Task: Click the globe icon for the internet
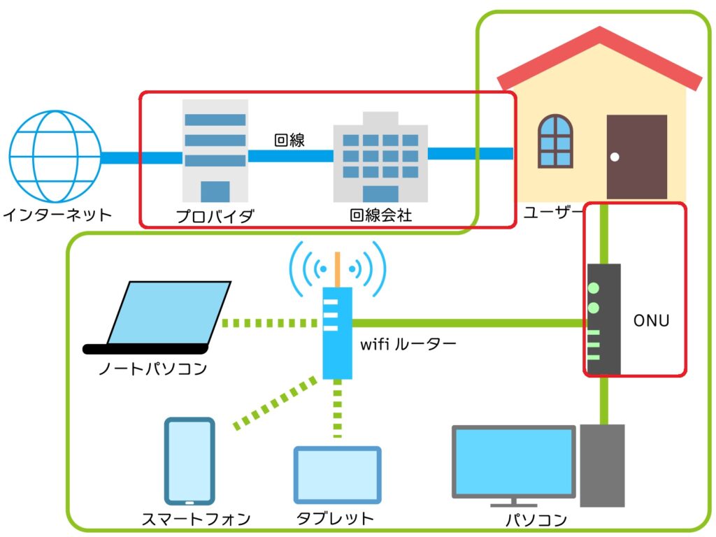tap(53, 155)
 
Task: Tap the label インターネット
tap(57, 214)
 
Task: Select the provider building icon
tap(215, 150)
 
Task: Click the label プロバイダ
tap(215, 215)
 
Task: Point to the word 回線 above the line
tap(289, 140)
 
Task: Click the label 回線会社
tap(380, 215)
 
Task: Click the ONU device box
tap(603, 318)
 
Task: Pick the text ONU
tap(651, 321)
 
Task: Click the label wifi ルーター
tap(408, 344)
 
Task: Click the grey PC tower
tap(602, 465)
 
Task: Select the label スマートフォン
tap(196, 519)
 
